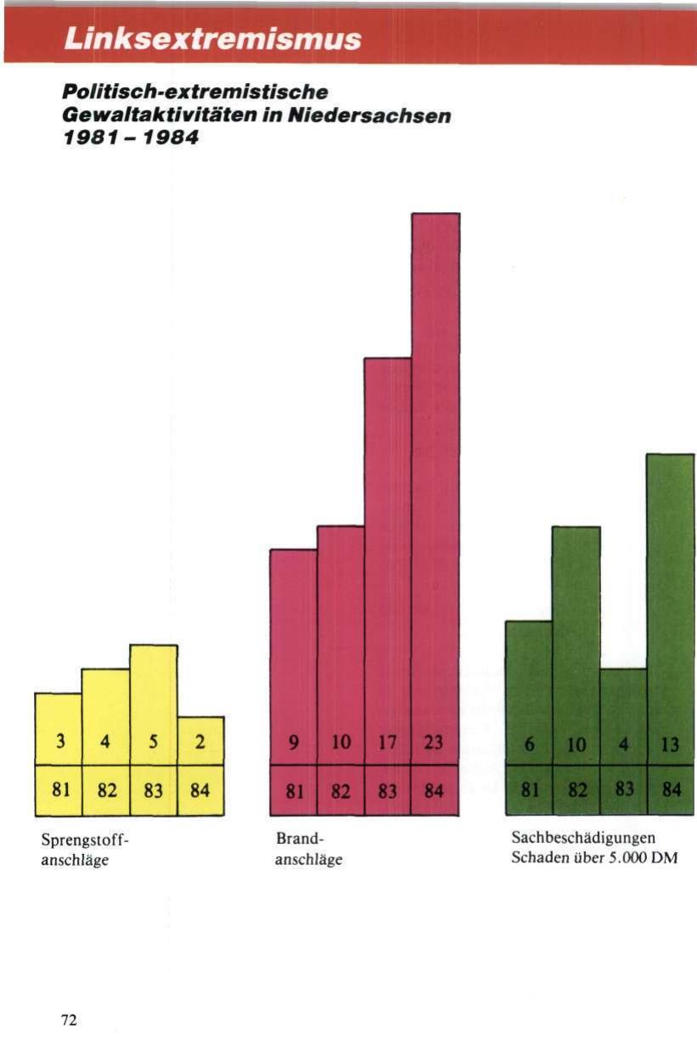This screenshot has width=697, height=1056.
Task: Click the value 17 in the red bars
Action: click(388, 742)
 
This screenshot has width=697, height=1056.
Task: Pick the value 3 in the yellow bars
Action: click(59, 741)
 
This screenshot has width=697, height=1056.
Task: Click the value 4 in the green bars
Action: click(624, 741)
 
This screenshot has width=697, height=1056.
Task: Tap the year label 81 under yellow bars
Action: click(59, 791)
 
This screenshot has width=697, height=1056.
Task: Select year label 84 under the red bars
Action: click(435, 791)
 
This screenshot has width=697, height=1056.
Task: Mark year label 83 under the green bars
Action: click(624, 791)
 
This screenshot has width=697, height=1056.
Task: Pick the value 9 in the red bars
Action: click(293, 742)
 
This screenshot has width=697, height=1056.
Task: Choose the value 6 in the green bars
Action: click(529, 741)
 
